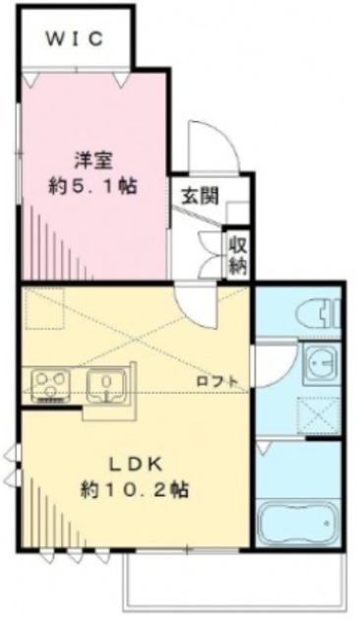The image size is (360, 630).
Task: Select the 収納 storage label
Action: point(238,255)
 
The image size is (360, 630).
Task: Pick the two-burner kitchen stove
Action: point(47,384)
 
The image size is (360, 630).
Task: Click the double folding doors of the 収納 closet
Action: point(210,253)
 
